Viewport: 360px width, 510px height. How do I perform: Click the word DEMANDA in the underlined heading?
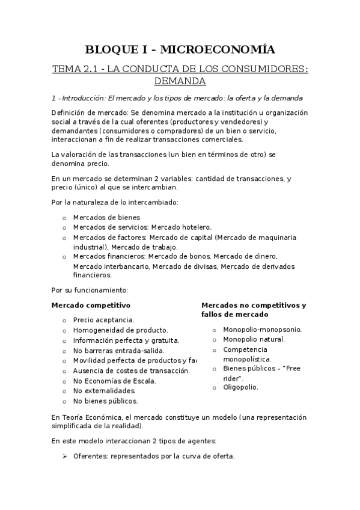pyautogui.click(x=180, y=81)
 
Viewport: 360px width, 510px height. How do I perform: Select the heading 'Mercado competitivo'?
pyautogui.click(x=91, y=306)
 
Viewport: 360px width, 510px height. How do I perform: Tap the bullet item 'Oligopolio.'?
pyautogui.click(x=240, y=387)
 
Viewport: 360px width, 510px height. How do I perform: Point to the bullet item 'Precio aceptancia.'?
pyautogui.click(x=103, y=321)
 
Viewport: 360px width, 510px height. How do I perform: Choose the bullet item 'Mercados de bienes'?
pyautogui.click(x=106, y=217)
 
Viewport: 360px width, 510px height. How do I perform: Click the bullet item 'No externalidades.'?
pyautogui.click(x=104, y=391)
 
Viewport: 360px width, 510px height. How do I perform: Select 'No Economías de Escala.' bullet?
pyautogui.click(x=114, y=381)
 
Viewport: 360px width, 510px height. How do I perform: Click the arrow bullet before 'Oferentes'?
pyautogui.click(x=64, y=456)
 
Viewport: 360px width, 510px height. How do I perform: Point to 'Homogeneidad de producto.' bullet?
pyautogui.click(x=120, y=330)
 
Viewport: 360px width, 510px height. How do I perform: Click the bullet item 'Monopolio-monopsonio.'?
pyautogui.click(x=262, y=330)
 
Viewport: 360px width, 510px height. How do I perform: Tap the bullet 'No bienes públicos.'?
pyautogui.click(x=105, y=401)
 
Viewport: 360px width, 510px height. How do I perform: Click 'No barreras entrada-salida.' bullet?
pyautogui.click(x=118, y=351)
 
